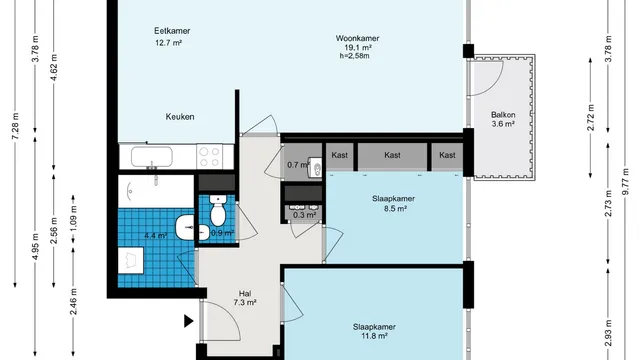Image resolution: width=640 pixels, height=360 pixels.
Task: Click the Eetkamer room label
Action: click(x=172, y=31)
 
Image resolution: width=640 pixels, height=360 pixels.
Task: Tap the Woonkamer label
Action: click(x=357, y=38)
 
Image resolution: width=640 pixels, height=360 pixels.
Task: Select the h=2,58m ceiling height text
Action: click(x=354, y=56)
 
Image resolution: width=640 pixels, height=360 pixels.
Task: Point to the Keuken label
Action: click(x=180, y=117)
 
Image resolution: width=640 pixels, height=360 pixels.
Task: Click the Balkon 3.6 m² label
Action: click(x=503, y=119)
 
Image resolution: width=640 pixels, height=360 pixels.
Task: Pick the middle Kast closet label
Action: click(x=392, y=155)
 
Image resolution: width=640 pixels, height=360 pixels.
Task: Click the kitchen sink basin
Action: click(x=151, y=157)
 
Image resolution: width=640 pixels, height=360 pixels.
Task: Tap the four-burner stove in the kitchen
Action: click(x=209, y=157)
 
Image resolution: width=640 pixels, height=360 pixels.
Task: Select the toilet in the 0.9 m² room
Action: click(x=218, y=210)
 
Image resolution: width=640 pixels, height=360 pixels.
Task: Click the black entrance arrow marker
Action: click(x=188, y=321)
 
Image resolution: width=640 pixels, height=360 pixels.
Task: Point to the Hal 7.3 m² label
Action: click(x=245, y=298)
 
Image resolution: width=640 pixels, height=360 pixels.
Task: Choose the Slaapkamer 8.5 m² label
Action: click(x=393, y=204)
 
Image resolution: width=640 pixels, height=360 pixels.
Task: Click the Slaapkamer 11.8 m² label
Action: click(x=374, y=331)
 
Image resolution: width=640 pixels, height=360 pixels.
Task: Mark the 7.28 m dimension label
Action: click(x=16, y=126)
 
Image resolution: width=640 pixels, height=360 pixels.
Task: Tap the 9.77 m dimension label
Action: click(x=626, y=182)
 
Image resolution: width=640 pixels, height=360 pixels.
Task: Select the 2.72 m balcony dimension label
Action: click(x=591, y=118)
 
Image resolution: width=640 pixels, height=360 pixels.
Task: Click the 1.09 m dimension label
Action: click(x=73, y=218)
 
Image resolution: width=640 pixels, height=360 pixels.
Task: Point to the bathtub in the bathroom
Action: click(x=156, y=191)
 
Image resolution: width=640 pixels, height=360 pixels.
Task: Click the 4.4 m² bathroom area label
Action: click(x=156, y=236)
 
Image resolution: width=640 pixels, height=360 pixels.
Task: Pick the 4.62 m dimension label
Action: click(x=54, y=67)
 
